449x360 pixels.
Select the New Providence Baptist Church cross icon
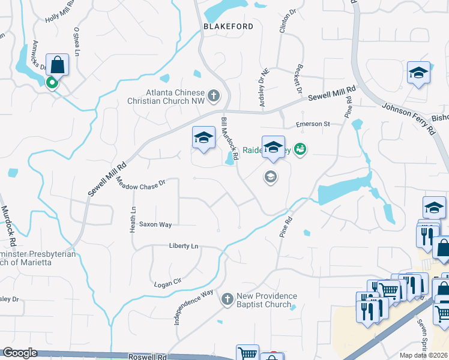click(x=227, y=299)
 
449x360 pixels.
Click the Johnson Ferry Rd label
click(x=408, y=112)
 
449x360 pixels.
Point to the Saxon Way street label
click(x=155, y=224)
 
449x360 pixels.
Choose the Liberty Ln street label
click(x=184, y=246)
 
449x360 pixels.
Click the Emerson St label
click(x=313, y=124)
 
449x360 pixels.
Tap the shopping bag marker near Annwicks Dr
click(x=57, y=64)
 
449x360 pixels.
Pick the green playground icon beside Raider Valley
click(x=301, y=149)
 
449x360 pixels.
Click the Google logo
click(x=20, y=353)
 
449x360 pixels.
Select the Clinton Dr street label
click(x=285, y=22)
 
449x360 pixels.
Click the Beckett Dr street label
click(x=297, y=78)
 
